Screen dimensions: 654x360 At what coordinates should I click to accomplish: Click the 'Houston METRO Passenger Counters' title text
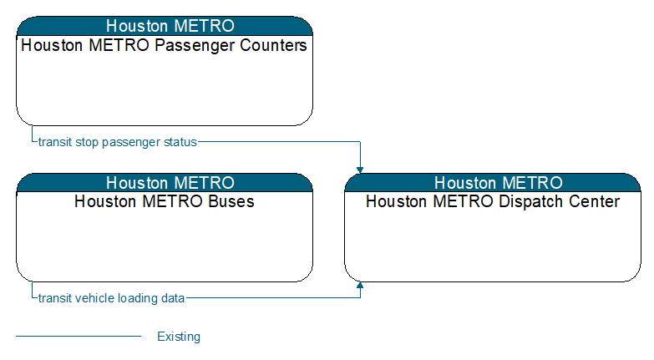164,45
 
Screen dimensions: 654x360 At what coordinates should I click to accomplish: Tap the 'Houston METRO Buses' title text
165,201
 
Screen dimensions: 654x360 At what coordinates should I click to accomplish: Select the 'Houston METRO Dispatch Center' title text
493,201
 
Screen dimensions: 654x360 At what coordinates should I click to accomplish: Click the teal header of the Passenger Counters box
165,26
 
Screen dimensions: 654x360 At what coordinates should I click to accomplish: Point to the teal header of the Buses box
165,183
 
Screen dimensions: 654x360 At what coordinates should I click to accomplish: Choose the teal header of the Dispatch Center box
493,183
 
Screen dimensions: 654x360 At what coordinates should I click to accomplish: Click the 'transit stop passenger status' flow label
117,142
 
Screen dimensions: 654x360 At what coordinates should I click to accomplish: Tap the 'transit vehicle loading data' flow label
111,298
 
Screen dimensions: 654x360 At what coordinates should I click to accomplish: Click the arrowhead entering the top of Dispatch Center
360,170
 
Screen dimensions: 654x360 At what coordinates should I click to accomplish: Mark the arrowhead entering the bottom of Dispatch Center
360,286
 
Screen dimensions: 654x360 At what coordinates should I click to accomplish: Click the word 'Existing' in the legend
179,337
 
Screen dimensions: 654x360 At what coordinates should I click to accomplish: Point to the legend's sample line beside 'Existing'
79,336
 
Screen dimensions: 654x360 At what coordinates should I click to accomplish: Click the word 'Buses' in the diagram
231,201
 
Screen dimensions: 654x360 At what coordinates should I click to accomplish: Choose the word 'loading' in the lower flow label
138,299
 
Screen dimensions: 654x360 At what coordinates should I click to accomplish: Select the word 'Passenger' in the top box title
195,46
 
